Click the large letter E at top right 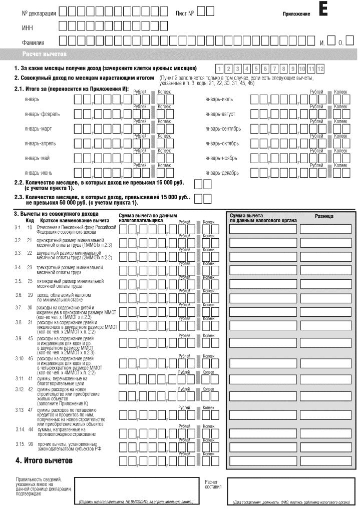323,10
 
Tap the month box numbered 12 320,69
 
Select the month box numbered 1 219,69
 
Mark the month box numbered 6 265,69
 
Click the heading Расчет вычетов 45,54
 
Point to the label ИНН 27,28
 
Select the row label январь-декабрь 222,173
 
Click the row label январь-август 220,114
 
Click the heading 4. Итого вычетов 44,460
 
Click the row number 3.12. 20,389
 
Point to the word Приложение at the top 296,14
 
